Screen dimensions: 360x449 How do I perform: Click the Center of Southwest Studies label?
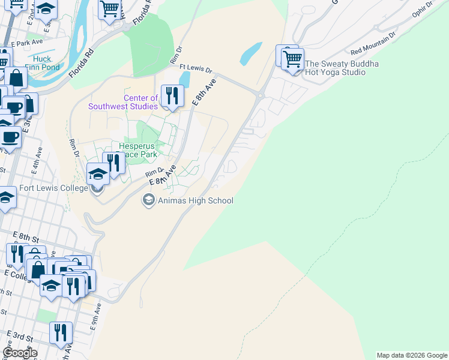[x=123, y=102]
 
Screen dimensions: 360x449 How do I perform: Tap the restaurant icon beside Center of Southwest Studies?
[x=172, y=95]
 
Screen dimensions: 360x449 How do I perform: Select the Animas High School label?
[x=195, y=201]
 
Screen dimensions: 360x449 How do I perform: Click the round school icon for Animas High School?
[x=148, y=200]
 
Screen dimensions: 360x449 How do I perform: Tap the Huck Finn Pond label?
[x=42, y=63]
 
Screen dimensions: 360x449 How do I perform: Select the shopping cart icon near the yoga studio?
[x=292, y=59]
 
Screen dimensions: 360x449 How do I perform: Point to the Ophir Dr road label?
[x=423, y=9]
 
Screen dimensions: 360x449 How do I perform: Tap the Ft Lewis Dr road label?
[x=196, y=69]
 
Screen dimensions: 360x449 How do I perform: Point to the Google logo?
[x=20, y=353]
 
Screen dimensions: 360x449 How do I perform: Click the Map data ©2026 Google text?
[x=412, y=355]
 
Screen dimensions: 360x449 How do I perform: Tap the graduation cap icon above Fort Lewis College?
[x=98, y=174]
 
